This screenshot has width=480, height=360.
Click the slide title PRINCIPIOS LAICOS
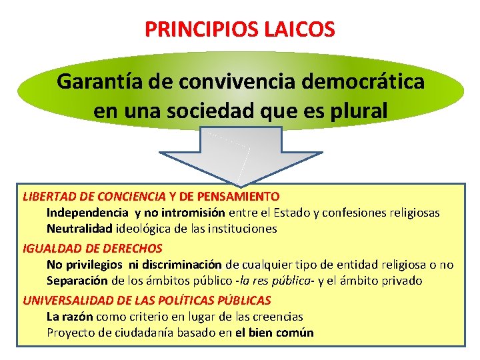[x=240, y=29]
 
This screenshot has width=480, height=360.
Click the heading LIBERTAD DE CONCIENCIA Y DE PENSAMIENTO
[x=151, y=197]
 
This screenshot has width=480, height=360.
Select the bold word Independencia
[x=87, y=213]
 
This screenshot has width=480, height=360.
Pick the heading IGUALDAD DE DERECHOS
[x=93, y=248]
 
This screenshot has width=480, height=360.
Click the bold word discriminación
[x=181, y=265]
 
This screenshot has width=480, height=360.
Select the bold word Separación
[x=77, y=281]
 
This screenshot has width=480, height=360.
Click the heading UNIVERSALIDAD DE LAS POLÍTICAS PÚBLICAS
[x=147, y=300]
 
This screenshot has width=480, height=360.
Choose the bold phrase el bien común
[x=274, y=333]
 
